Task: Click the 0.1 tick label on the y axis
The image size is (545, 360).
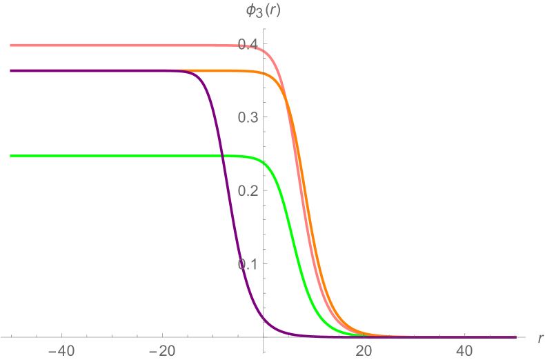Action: click(x=249, y=264)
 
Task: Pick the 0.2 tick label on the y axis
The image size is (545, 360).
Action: click(x=249, y=190)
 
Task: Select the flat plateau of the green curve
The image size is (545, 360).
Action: click(x=103, y=156)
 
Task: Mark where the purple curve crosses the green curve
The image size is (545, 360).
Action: click(x=223, y=157)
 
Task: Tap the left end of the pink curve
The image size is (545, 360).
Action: click(x=11, y=46)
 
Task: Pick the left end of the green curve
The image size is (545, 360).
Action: click(x=11, y=156)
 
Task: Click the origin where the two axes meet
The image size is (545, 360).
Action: click(x=264, y=337)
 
